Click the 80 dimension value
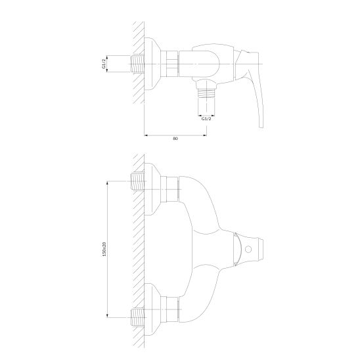click(175, 139)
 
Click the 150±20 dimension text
click(104, 249)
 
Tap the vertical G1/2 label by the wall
click(104, 64)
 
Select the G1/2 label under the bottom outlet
click(206, 119)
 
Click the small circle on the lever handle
click(248, 249)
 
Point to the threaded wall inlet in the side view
click(137, 64)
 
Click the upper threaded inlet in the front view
click(137, 181)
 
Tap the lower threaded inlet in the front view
click(137, 317)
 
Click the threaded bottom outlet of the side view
click(206, 94)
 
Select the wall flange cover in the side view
click(152, 64)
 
